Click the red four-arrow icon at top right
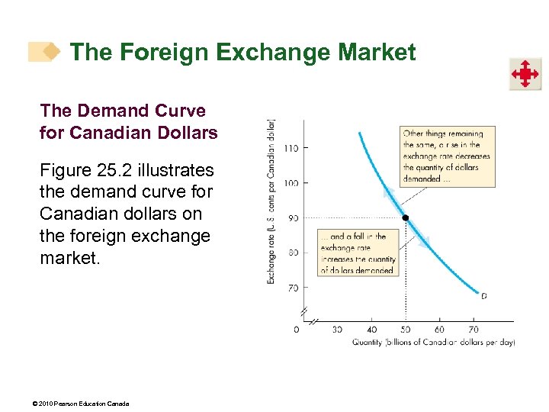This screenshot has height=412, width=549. click(x=525, y=74)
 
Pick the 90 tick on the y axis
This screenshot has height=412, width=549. click(x=292, y=218)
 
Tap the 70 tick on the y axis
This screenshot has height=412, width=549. click(x=292, y=288)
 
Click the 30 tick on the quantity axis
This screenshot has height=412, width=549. click(x=337, y=330)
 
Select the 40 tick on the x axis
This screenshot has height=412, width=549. click(x=371, y=330)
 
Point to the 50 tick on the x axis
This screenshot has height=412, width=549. click(x=406, y=330)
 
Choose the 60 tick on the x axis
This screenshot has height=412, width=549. click(x=439, y=330)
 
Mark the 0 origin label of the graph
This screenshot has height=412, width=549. click(x=297, y=330)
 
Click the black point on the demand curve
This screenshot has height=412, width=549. click(x=406, y=218)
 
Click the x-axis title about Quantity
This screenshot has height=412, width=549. click(x=433, y=343)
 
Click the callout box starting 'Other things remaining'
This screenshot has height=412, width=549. click(x=448, y=156)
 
